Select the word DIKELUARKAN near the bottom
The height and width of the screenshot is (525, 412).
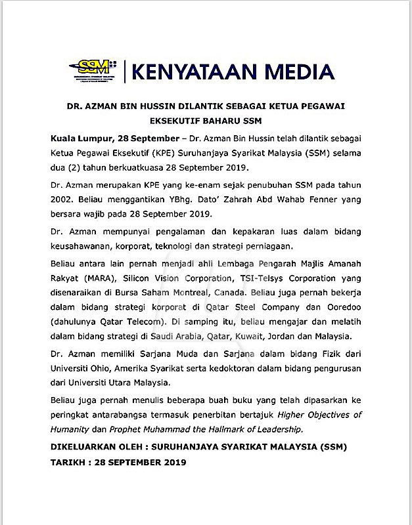point(85,447)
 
